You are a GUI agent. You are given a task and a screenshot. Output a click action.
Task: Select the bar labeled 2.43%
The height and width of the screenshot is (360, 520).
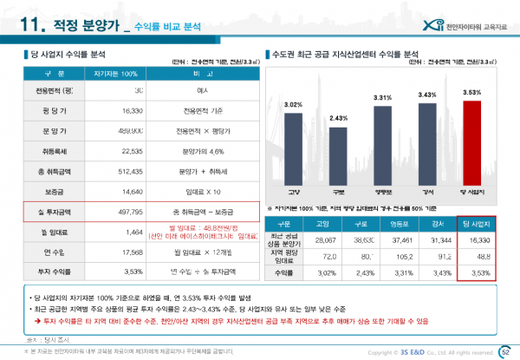click(x=339, y=158)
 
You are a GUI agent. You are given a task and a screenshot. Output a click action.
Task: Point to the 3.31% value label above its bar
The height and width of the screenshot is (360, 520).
click(x=383, y=98)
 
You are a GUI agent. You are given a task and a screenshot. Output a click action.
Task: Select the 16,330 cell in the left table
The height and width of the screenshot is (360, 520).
click(x=127, y=111)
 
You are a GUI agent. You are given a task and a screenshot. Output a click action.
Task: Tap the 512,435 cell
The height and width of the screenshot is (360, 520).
click(x=127, y=172)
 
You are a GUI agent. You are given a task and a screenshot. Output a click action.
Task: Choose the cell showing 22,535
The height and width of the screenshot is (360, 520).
click(x=127, y=152)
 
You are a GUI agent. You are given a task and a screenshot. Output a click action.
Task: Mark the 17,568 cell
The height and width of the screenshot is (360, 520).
click(x=127, y=253)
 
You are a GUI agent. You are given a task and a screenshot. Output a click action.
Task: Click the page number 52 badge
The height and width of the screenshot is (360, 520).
click(x=505, y=351)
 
